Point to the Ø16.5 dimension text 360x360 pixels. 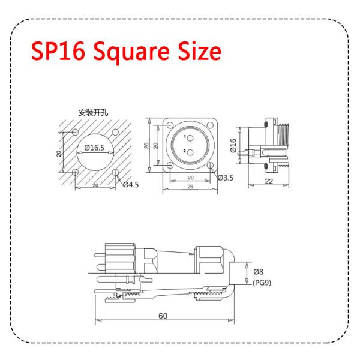pos(95,147)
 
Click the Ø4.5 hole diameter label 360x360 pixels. pos(131,184)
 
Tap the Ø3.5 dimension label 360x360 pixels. pos(225,178)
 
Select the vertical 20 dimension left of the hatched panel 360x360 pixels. pos(59,152)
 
